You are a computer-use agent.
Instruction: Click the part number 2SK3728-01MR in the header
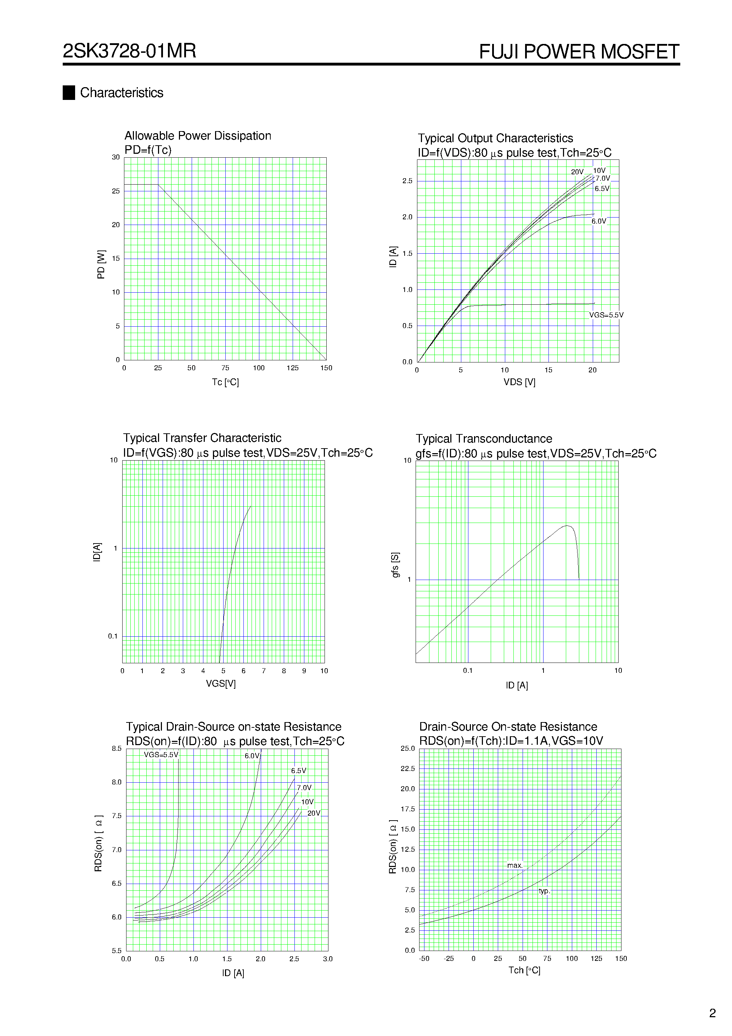click(130, 51)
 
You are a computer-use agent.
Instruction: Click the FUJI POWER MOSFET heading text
click(579, 51)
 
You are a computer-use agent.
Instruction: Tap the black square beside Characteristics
click(69, 92)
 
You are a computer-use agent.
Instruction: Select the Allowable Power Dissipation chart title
click(198, 136)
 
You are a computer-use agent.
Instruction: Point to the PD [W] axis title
click(101, 264)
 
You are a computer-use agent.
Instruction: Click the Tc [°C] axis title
click(225, 382)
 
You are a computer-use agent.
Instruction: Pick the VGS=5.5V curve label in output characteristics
click(606, 315)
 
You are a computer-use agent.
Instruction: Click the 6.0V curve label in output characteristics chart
click(599, 221)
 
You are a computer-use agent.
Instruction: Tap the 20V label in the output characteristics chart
click(577, 172)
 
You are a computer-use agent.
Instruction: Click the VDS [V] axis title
click(519, 382)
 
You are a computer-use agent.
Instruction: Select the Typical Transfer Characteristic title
click(202, 438)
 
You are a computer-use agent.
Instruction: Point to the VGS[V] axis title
click(221, 683)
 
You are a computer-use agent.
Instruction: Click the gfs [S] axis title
click(395, 564)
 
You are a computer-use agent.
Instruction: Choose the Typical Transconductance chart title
click(484, 439)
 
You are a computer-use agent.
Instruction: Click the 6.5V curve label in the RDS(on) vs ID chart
click(298, 771)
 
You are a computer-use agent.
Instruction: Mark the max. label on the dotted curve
click(514, 866)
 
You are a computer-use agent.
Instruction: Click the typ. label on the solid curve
click(544, 891)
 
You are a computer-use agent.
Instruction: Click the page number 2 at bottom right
click(713, 1013)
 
